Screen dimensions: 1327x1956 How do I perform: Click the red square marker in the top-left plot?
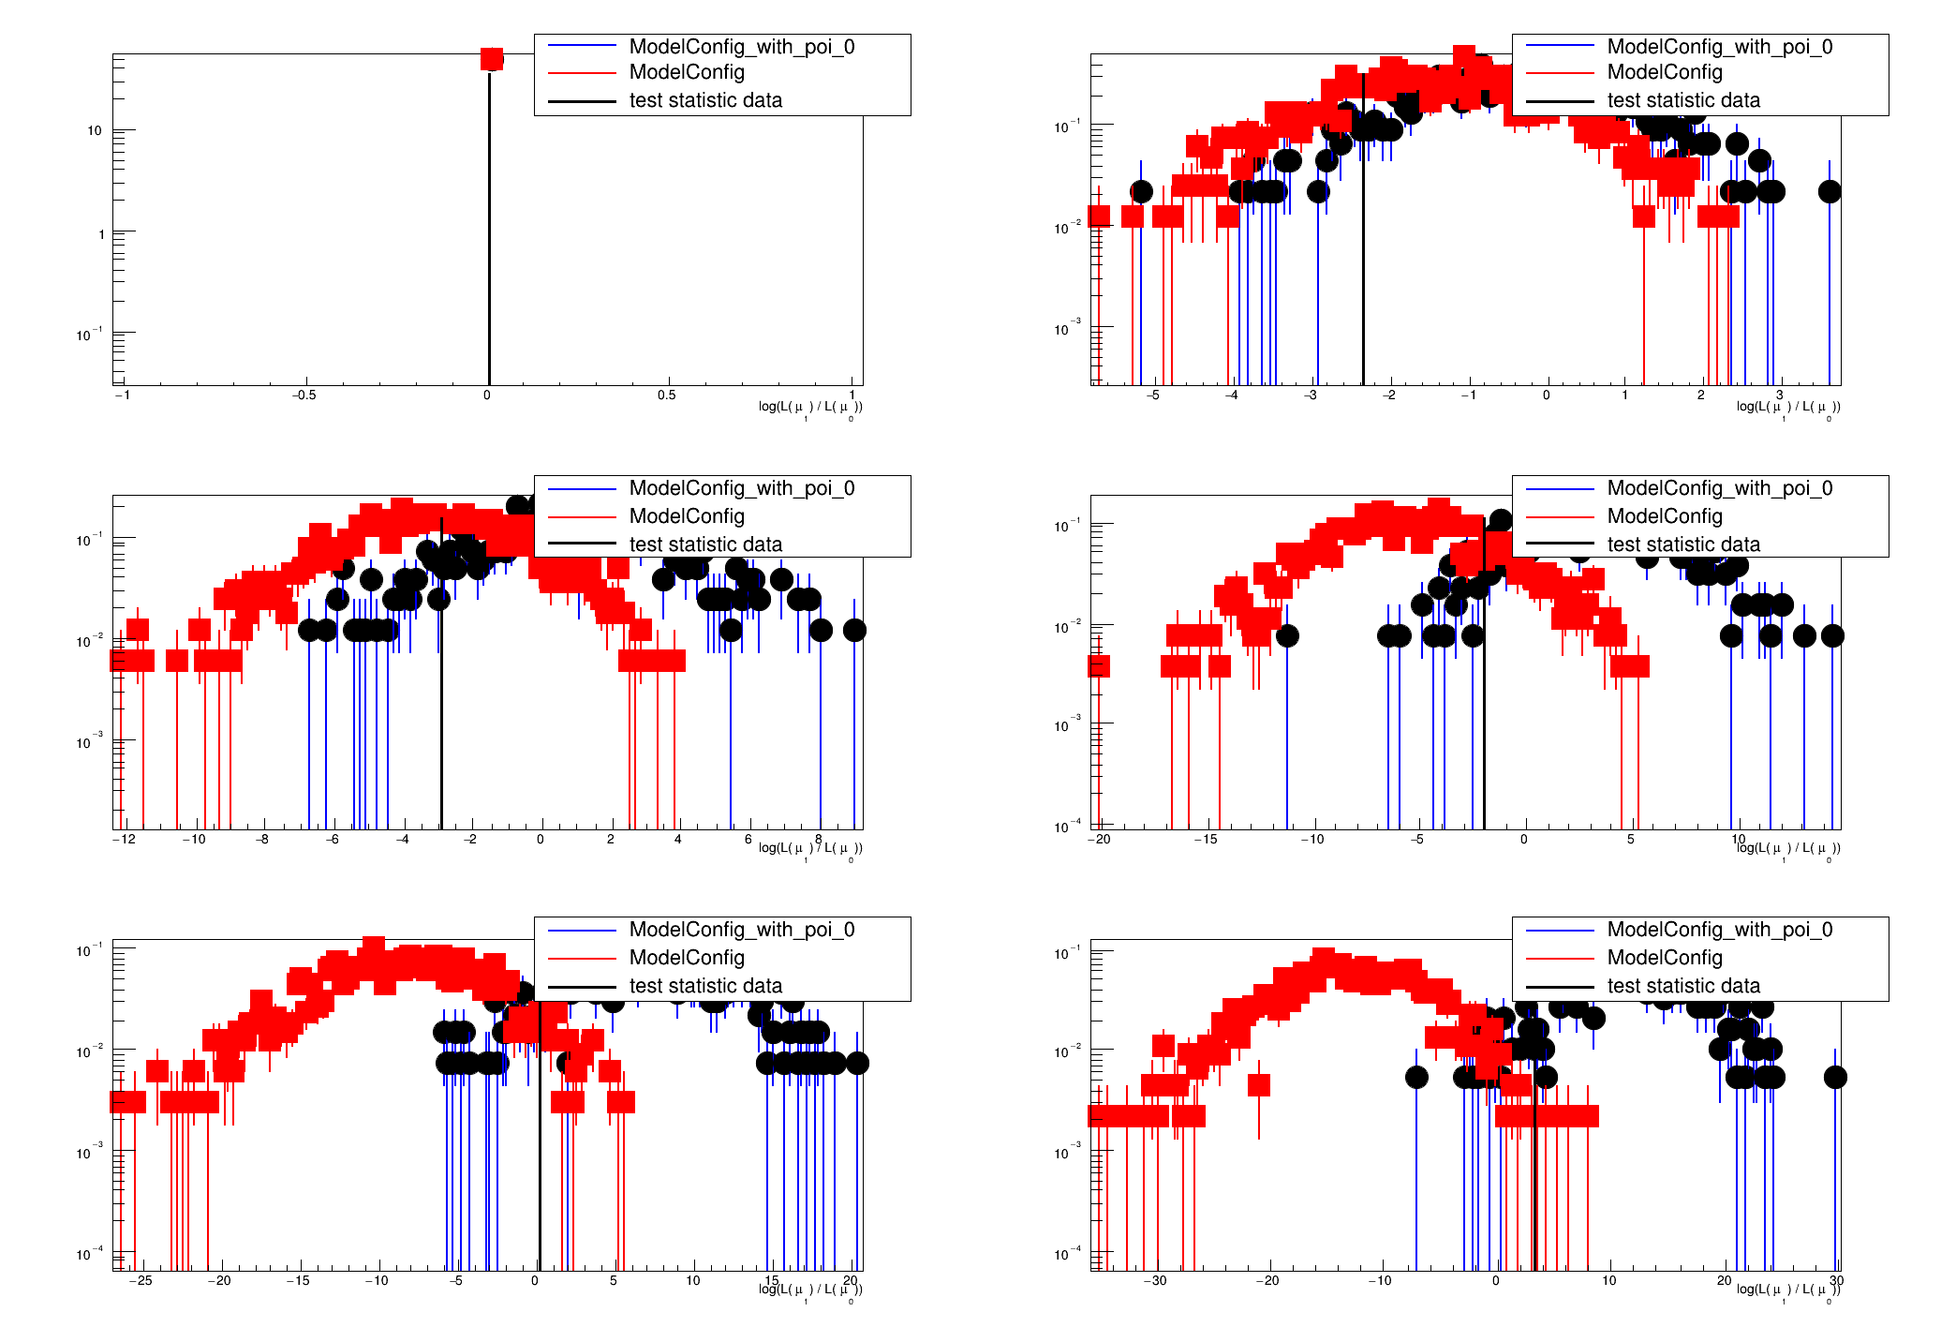pyautogui.click(x=492, y=59)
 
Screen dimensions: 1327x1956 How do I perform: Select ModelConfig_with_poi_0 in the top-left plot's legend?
pyautogui.click(x=741, y=47)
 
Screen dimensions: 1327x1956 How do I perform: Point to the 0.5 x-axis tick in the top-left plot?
pyautogui.click(x=666, y=395)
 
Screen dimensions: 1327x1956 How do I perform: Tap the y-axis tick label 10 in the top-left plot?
pyautogui.click(x=95, y=130)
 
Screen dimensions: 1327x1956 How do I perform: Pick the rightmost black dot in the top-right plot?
pyautogui.click(x=1830, y=192)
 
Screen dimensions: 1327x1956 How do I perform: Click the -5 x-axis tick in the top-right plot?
pyautogui.click(x=1153, y=395)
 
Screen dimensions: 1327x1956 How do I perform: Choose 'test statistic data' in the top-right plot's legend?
pyautogui.click(x=1682, y=100)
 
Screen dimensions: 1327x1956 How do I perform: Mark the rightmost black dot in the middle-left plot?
pyautogui.click(x=854, y=630)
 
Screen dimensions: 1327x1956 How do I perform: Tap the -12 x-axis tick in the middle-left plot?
pyautogui.click(x=124, y=839)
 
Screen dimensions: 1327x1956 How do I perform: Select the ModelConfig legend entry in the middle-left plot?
pyautogui.click(x=687, y=516)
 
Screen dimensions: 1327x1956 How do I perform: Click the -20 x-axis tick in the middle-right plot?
pyautogui.click(x=1099, y=839)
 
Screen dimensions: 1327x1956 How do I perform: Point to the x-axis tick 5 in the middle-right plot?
pyautogui.click(x=1630, y=839)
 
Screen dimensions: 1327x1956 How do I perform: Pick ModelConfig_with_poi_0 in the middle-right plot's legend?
pyautogui.click(x=1719, y=488)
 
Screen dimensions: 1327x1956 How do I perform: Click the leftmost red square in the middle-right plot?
pyautogui.click(x=1099, y=666)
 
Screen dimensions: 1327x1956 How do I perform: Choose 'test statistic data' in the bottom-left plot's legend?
pyautogui.click(x=704, y=986)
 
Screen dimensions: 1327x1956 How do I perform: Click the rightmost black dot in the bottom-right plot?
pyautogui.click(x=1835, y=1077)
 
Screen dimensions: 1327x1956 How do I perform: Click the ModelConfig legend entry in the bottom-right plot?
pyautogui.click(x=1665, y=958)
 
